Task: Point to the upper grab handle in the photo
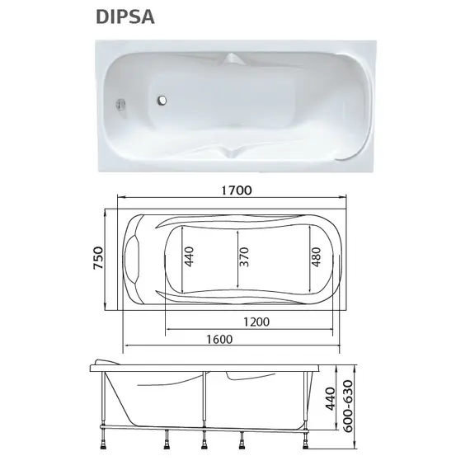coord(234,60)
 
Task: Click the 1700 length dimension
coord(235,189)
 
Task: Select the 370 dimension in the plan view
coord(243,260)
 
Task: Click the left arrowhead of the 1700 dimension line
coord(119,198)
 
